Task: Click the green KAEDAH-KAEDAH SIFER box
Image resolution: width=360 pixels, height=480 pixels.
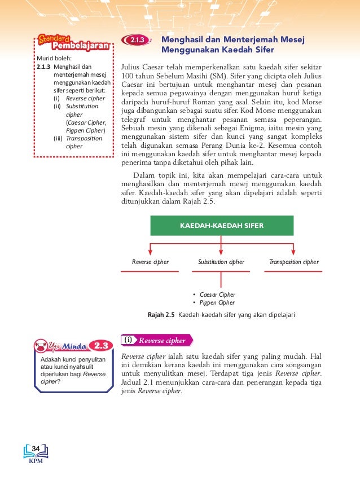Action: click(x=222, y=225)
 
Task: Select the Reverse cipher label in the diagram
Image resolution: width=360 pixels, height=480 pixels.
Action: click(x=150, y=262)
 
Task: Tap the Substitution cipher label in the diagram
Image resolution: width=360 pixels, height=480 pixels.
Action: click(x=221, y=262)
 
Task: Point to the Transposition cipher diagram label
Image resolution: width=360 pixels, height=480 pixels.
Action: click(x=294, y=262)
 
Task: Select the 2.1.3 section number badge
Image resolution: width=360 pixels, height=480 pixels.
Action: click(x=137, y=41)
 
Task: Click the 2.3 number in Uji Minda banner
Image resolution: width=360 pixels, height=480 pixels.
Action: click(x=102, y=345)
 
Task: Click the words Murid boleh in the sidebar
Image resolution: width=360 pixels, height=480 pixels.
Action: click(x=50, y=58)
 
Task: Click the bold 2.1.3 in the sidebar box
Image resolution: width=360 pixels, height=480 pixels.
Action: click(x=43, y=67)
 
